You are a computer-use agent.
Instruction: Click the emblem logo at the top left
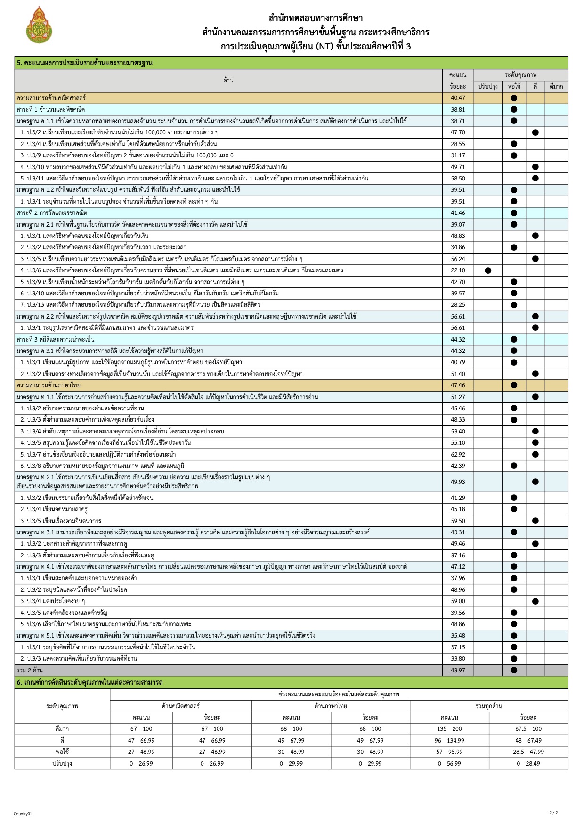[39, 25]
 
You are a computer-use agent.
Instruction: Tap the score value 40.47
[458, 98]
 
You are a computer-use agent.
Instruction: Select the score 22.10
[458, 270]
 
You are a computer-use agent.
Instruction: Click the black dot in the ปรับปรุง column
[488, 270]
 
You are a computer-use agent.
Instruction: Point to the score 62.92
[458, 454]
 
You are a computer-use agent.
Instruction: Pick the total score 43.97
[458, 670]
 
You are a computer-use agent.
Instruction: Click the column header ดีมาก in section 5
[556, 86]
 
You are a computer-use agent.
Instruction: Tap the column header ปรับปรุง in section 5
[488, 86]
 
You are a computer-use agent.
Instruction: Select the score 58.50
[458, 179]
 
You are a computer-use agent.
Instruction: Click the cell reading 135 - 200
[449, 728]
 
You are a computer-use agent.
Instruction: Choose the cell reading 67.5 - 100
[528, 728]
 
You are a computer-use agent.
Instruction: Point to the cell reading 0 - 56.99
[449, 763]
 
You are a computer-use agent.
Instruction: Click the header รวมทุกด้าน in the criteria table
[489, 706]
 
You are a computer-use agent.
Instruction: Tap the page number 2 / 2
[553, 812]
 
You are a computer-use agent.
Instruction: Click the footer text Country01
[23, 814]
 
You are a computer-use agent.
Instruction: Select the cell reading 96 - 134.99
[449, 740]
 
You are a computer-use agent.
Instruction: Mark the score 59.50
[458, 521]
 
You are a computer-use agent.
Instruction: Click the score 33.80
[458, 658]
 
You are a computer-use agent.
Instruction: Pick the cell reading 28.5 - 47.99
[528, 752]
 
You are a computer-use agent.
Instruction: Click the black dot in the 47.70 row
[535, 132]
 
